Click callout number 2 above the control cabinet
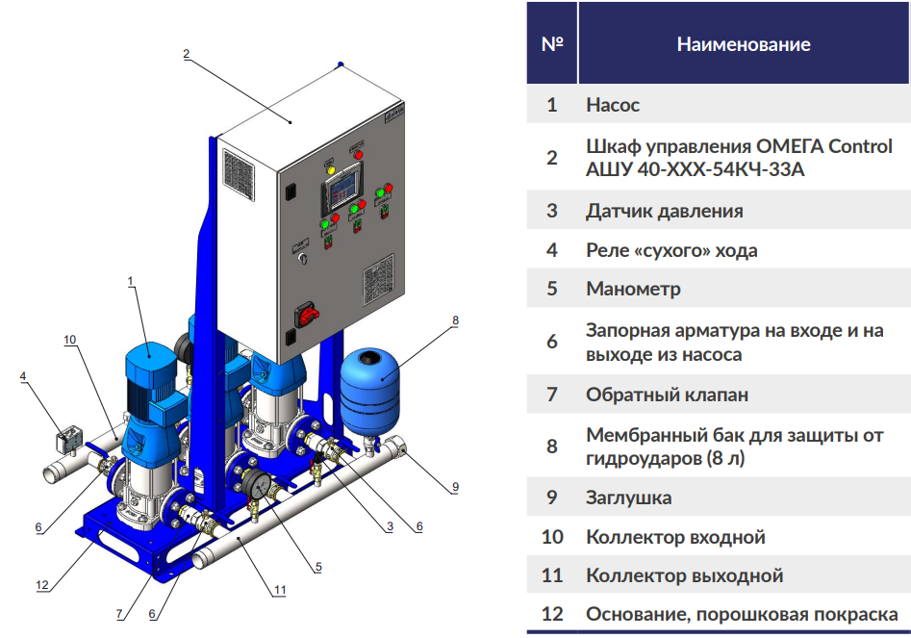coord(187,54)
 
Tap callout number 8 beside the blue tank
coord(455,319)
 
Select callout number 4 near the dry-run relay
coord(22,376)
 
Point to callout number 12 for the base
coord(41,584)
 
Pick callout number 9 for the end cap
coord(455,487)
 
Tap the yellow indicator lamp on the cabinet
coord(332,170)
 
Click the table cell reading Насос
coord(613,105)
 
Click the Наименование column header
coord(743,44)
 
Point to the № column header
coord(551,44)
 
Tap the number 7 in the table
coord(551,395)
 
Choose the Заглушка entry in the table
coord(628,498)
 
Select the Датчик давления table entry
coord(664,211)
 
